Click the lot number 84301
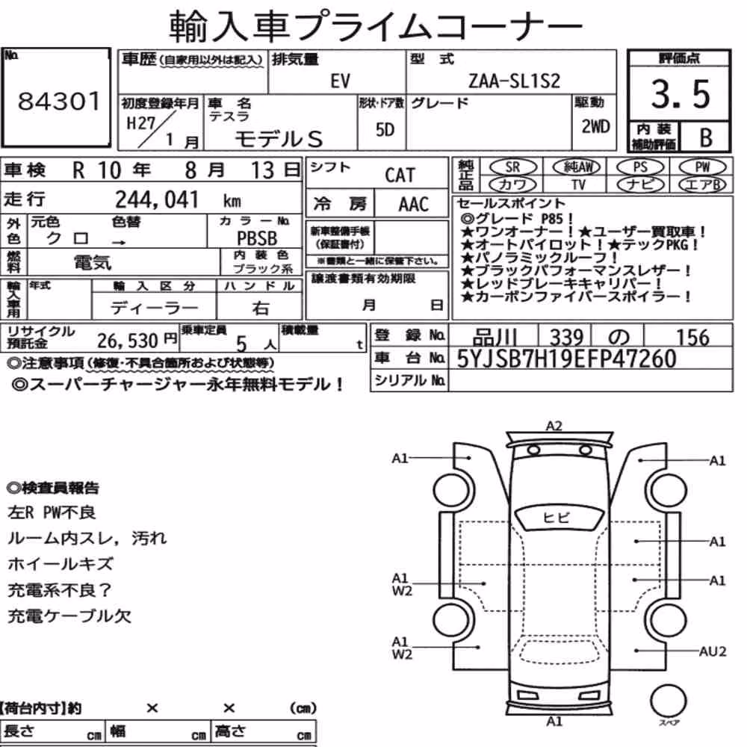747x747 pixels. [59, 101]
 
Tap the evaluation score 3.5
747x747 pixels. [681, 94]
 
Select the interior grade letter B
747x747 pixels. [706, 137]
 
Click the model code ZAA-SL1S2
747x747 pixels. [514, 81]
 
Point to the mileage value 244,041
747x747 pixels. [157, 199]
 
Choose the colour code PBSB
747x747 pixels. [257, 238]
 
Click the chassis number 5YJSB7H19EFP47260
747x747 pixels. [566, 359]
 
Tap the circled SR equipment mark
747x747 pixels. [512, 167]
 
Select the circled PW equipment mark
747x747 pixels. [702, 167]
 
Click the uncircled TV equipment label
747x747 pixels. [578, 185]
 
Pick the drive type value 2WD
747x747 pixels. [595, 127]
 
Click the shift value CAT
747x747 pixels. [400, 176]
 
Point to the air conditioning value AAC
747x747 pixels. [414, 205]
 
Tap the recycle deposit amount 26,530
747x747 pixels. [127, 341]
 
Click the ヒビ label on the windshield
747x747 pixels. [556, 517]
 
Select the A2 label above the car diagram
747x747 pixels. [554, 426]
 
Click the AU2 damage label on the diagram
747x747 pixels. [712, 651]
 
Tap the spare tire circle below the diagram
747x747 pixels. [668, 701]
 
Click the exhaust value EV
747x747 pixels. [340, 81]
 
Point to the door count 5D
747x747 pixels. [385, 129]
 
